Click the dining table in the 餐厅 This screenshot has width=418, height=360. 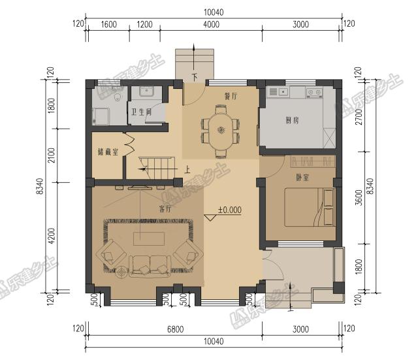[221, 131]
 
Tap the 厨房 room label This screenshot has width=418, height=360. [292, 120]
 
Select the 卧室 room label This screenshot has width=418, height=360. [302, 177]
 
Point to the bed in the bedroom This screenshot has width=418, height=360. [309, 207]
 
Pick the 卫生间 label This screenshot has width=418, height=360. [141, 112]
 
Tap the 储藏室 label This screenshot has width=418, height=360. [108, 152]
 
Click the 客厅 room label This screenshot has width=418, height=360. [165, 208]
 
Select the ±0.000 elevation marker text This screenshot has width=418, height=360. [230, 210]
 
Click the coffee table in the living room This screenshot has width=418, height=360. [149, 238]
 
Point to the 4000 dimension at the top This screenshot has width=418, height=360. [211, 25]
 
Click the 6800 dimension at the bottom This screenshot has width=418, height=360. [176, 329]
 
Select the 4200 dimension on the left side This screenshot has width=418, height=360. [52, 236]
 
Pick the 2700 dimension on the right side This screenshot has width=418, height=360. [359, 117]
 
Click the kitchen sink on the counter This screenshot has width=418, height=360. [283, 92]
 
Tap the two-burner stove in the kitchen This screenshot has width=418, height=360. [314, 92]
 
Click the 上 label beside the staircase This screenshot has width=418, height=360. [187, 170]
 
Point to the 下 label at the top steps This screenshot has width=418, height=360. [195, 77]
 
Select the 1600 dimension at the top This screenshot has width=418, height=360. [109, 25]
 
